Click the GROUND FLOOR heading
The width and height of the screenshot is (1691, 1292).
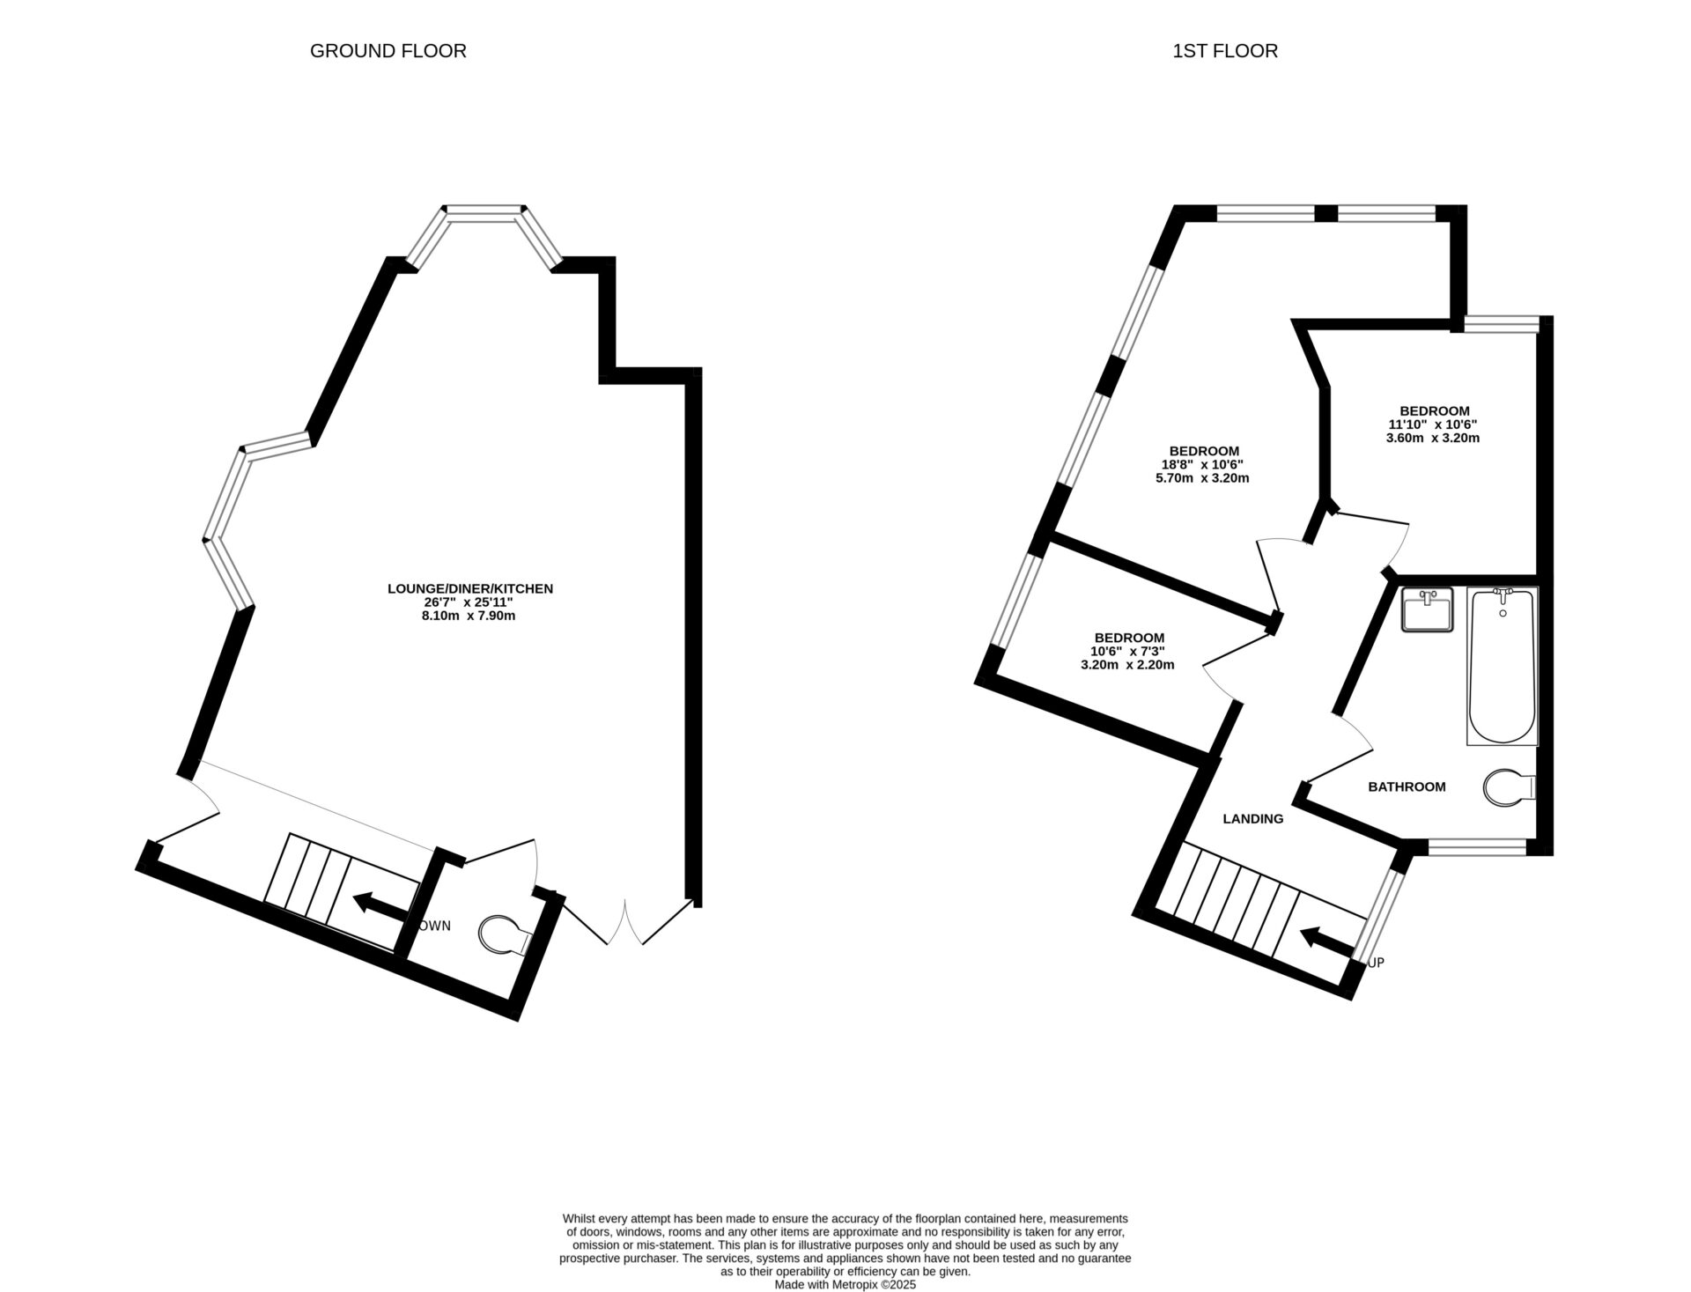click(388, 51)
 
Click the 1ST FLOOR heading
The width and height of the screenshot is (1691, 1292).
click(1224, 51)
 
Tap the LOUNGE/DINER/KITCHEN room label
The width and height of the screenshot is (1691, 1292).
click(470, 588)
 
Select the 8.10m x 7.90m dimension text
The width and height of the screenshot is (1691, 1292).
click(469, 616)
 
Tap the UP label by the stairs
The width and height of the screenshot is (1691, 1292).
click(1376, 963)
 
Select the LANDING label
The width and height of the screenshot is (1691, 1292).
click(1253, 818)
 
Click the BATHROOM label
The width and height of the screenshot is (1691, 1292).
click(1407, 786)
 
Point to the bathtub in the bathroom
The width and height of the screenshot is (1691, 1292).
click(1502, 666)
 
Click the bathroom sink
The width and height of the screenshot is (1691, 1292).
click(1428, 610)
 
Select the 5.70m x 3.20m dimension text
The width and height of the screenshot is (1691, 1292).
click(1202, 478)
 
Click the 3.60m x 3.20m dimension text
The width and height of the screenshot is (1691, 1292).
click(1435, 437)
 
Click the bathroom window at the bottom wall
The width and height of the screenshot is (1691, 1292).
click(1476, 847)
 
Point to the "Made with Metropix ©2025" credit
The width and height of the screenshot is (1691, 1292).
click(845, 1285)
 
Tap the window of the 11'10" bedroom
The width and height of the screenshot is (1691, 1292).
click(1501, 324)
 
